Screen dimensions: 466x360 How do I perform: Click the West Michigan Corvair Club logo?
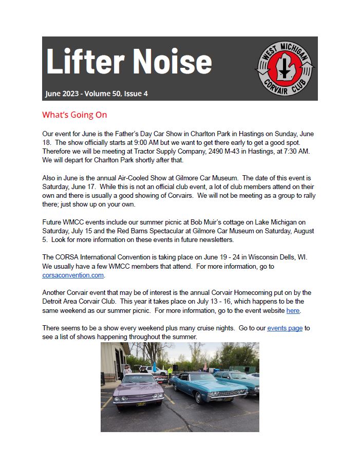285,68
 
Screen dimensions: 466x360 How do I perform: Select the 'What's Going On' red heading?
74,115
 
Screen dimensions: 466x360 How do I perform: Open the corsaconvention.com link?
73,275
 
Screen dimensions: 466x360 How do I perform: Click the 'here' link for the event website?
293,311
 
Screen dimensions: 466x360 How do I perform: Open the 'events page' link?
285,328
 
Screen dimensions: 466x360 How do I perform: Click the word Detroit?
54,302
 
